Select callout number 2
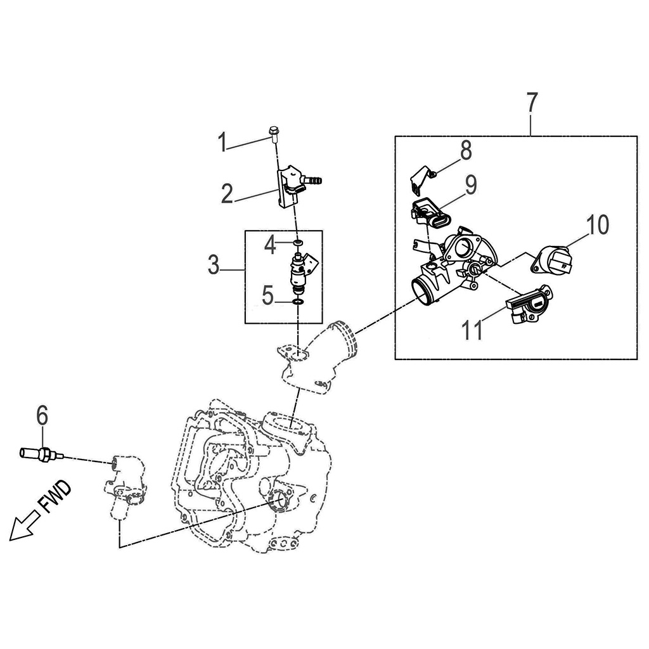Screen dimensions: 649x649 [x=227, y=193]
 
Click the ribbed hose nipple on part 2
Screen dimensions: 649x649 [x=312, y=180]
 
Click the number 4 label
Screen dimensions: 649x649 [x=271, y=245]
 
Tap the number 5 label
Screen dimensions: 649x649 [x=269, y=295]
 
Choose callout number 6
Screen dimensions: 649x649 [x=42, y=416]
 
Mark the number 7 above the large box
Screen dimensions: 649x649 [x=532, y=103]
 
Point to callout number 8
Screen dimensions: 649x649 [x=466, y=150]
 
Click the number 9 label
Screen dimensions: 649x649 [x=470, y=185]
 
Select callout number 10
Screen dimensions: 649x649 [x=596, y=224]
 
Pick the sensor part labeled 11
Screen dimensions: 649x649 [x=530, y=305]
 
